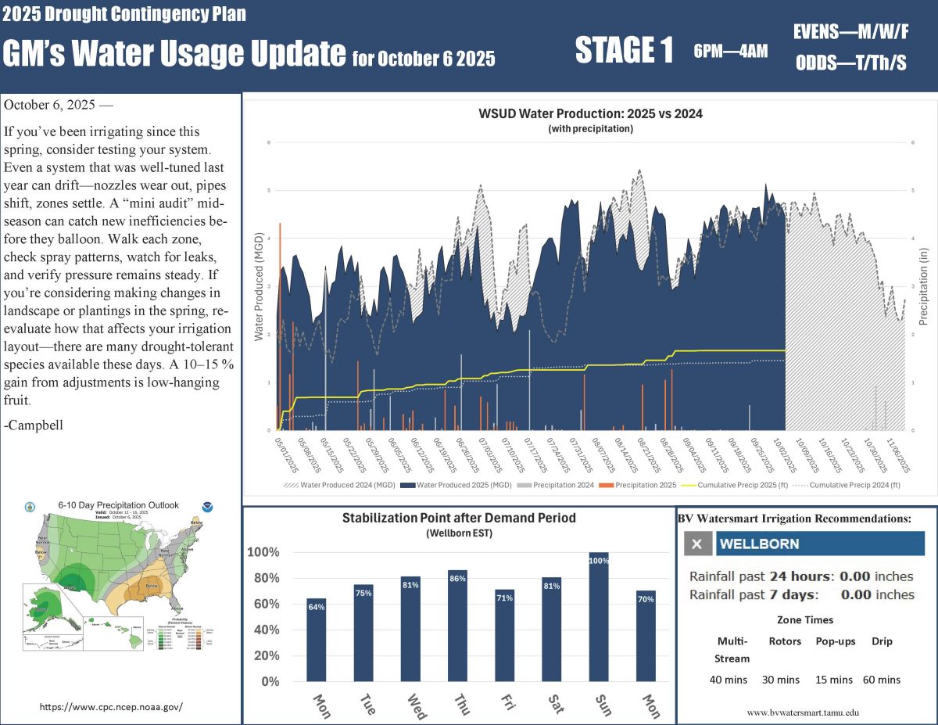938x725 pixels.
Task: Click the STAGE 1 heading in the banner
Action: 624,51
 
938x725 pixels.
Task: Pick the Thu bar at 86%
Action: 457,625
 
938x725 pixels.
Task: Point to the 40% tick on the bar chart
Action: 264,630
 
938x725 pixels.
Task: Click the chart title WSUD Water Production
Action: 590,113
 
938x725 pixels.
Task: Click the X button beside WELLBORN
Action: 697,544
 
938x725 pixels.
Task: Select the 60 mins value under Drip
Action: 882,680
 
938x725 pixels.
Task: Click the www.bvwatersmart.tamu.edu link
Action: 803,712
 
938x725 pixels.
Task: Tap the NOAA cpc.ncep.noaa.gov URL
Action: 111,706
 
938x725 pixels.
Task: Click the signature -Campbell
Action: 34,425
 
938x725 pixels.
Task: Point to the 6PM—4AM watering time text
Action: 730,52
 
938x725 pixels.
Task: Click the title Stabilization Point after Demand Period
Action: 459,518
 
